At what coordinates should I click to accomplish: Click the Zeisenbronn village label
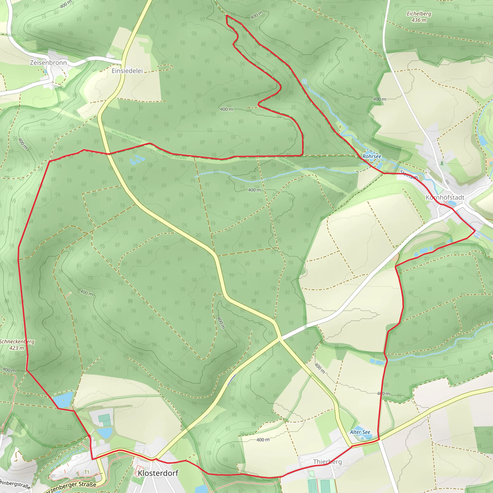[x=48, y=63]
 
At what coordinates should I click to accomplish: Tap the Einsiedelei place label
[x=127, y=71]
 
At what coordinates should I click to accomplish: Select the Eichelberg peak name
[x=419, y=14]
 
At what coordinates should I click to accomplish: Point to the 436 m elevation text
[x=419, y=20]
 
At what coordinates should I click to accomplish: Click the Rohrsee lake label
[x=372, y=156]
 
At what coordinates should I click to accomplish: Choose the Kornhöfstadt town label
[x=445, y=197]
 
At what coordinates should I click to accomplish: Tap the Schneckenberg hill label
[x=17, y=342]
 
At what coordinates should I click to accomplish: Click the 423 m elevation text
[x=17, y=348]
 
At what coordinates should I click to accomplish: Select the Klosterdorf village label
[x=158, y=473]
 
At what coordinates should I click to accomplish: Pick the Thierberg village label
[x=327, y=462]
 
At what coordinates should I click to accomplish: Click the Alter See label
[x=360, y=432]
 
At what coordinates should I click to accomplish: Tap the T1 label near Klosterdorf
[x=87, y=472]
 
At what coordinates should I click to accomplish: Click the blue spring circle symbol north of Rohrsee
[x=304, y=81]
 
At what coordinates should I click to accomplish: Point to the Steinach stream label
[x=409, y=175]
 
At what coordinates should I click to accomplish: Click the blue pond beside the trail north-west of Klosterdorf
[x=63, y=400]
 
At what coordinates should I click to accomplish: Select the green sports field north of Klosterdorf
[x=104, y=418]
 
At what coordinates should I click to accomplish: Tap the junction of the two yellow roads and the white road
[x=280, y=339]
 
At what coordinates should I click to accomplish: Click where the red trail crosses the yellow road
[x=109, y=154]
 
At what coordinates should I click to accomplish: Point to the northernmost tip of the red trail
[x=227, y=16]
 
